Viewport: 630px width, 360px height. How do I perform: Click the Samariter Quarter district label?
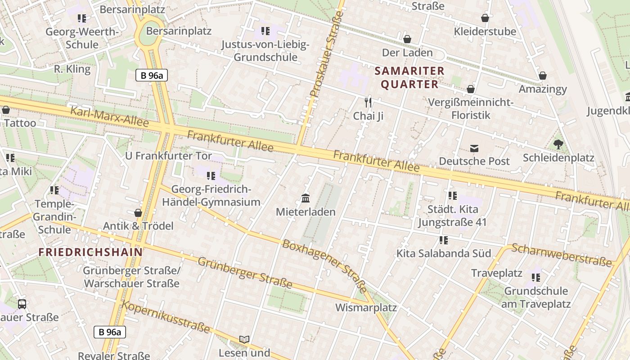409,77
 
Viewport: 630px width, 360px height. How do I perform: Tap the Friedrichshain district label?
90,252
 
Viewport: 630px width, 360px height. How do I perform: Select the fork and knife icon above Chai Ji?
368,103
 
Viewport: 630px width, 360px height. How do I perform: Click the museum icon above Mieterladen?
306,198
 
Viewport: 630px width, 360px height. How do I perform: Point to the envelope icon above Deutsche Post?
474,148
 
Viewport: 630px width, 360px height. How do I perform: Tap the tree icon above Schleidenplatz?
558,144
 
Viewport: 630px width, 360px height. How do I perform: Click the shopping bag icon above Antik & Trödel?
138,212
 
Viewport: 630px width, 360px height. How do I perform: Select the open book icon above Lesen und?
244,339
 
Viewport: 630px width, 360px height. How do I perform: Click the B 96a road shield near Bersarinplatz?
152,75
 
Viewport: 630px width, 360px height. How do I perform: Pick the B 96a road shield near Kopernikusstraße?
110,332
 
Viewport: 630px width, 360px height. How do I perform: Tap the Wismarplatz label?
366,308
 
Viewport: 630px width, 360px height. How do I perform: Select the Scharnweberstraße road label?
562,255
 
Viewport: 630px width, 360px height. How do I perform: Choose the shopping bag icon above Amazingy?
543,76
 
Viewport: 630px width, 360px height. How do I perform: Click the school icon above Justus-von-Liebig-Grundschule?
265,31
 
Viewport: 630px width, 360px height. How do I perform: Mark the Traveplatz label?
497,273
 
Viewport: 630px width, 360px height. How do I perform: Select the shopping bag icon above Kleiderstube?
485,18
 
